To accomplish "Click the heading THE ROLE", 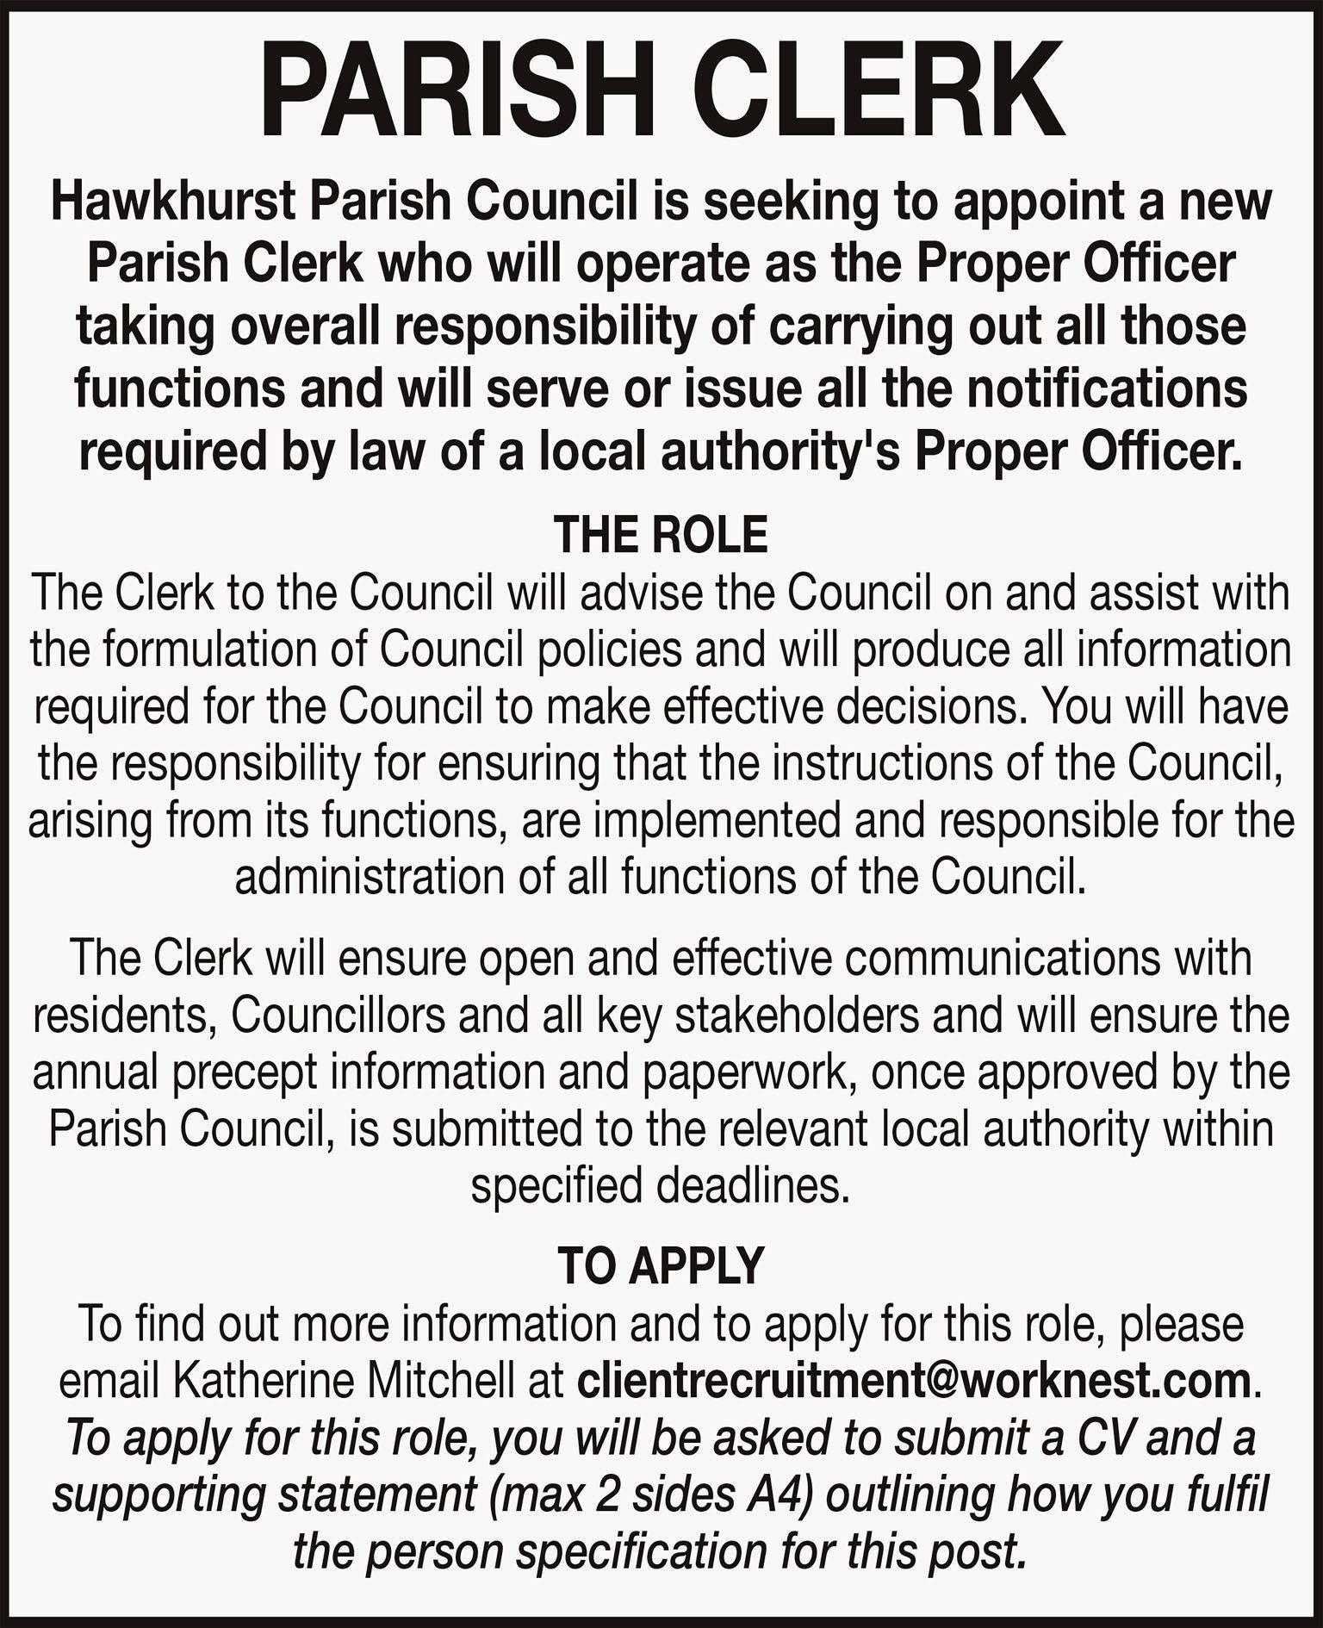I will pyautogui.click(x=661, y=534).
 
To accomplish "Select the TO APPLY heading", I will pyautogui.click(x=661, y=1265).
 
